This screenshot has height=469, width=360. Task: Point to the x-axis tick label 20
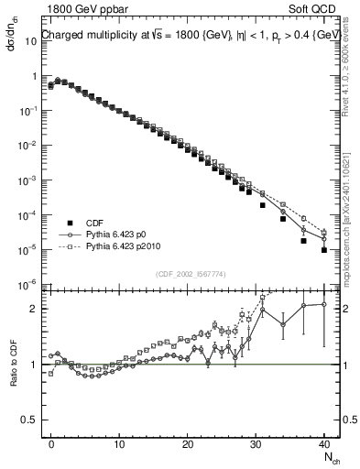(188, 442)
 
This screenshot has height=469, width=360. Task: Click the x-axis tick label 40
(324, 442)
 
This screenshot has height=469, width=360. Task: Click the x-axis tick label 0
(51, 442)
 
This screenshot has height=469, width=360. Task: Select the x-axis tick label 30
(256, 442)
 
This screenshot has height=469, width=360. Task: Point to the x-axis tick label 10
(119, 442)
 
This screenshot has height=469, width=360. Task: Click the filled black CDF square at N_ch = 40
(324, 249)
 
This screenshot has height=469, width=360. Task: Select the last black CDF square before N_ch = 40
(304, 241)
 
